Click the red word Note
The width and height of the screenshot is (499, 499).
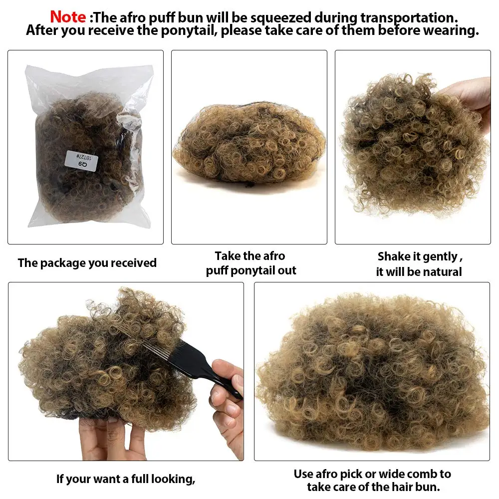(68, 17)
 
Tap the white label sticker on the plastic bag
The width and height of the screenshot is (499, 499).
(81, 161)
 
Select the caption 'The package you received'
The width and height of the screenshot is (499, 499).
(87, 263)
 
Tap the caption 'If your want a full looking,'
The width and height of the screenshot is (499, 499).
(126, 479)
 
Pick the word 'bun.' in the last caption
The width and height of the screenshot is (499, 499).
(428, 487)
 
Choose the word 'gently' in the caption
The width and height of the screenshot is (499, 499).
(440, 257)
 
